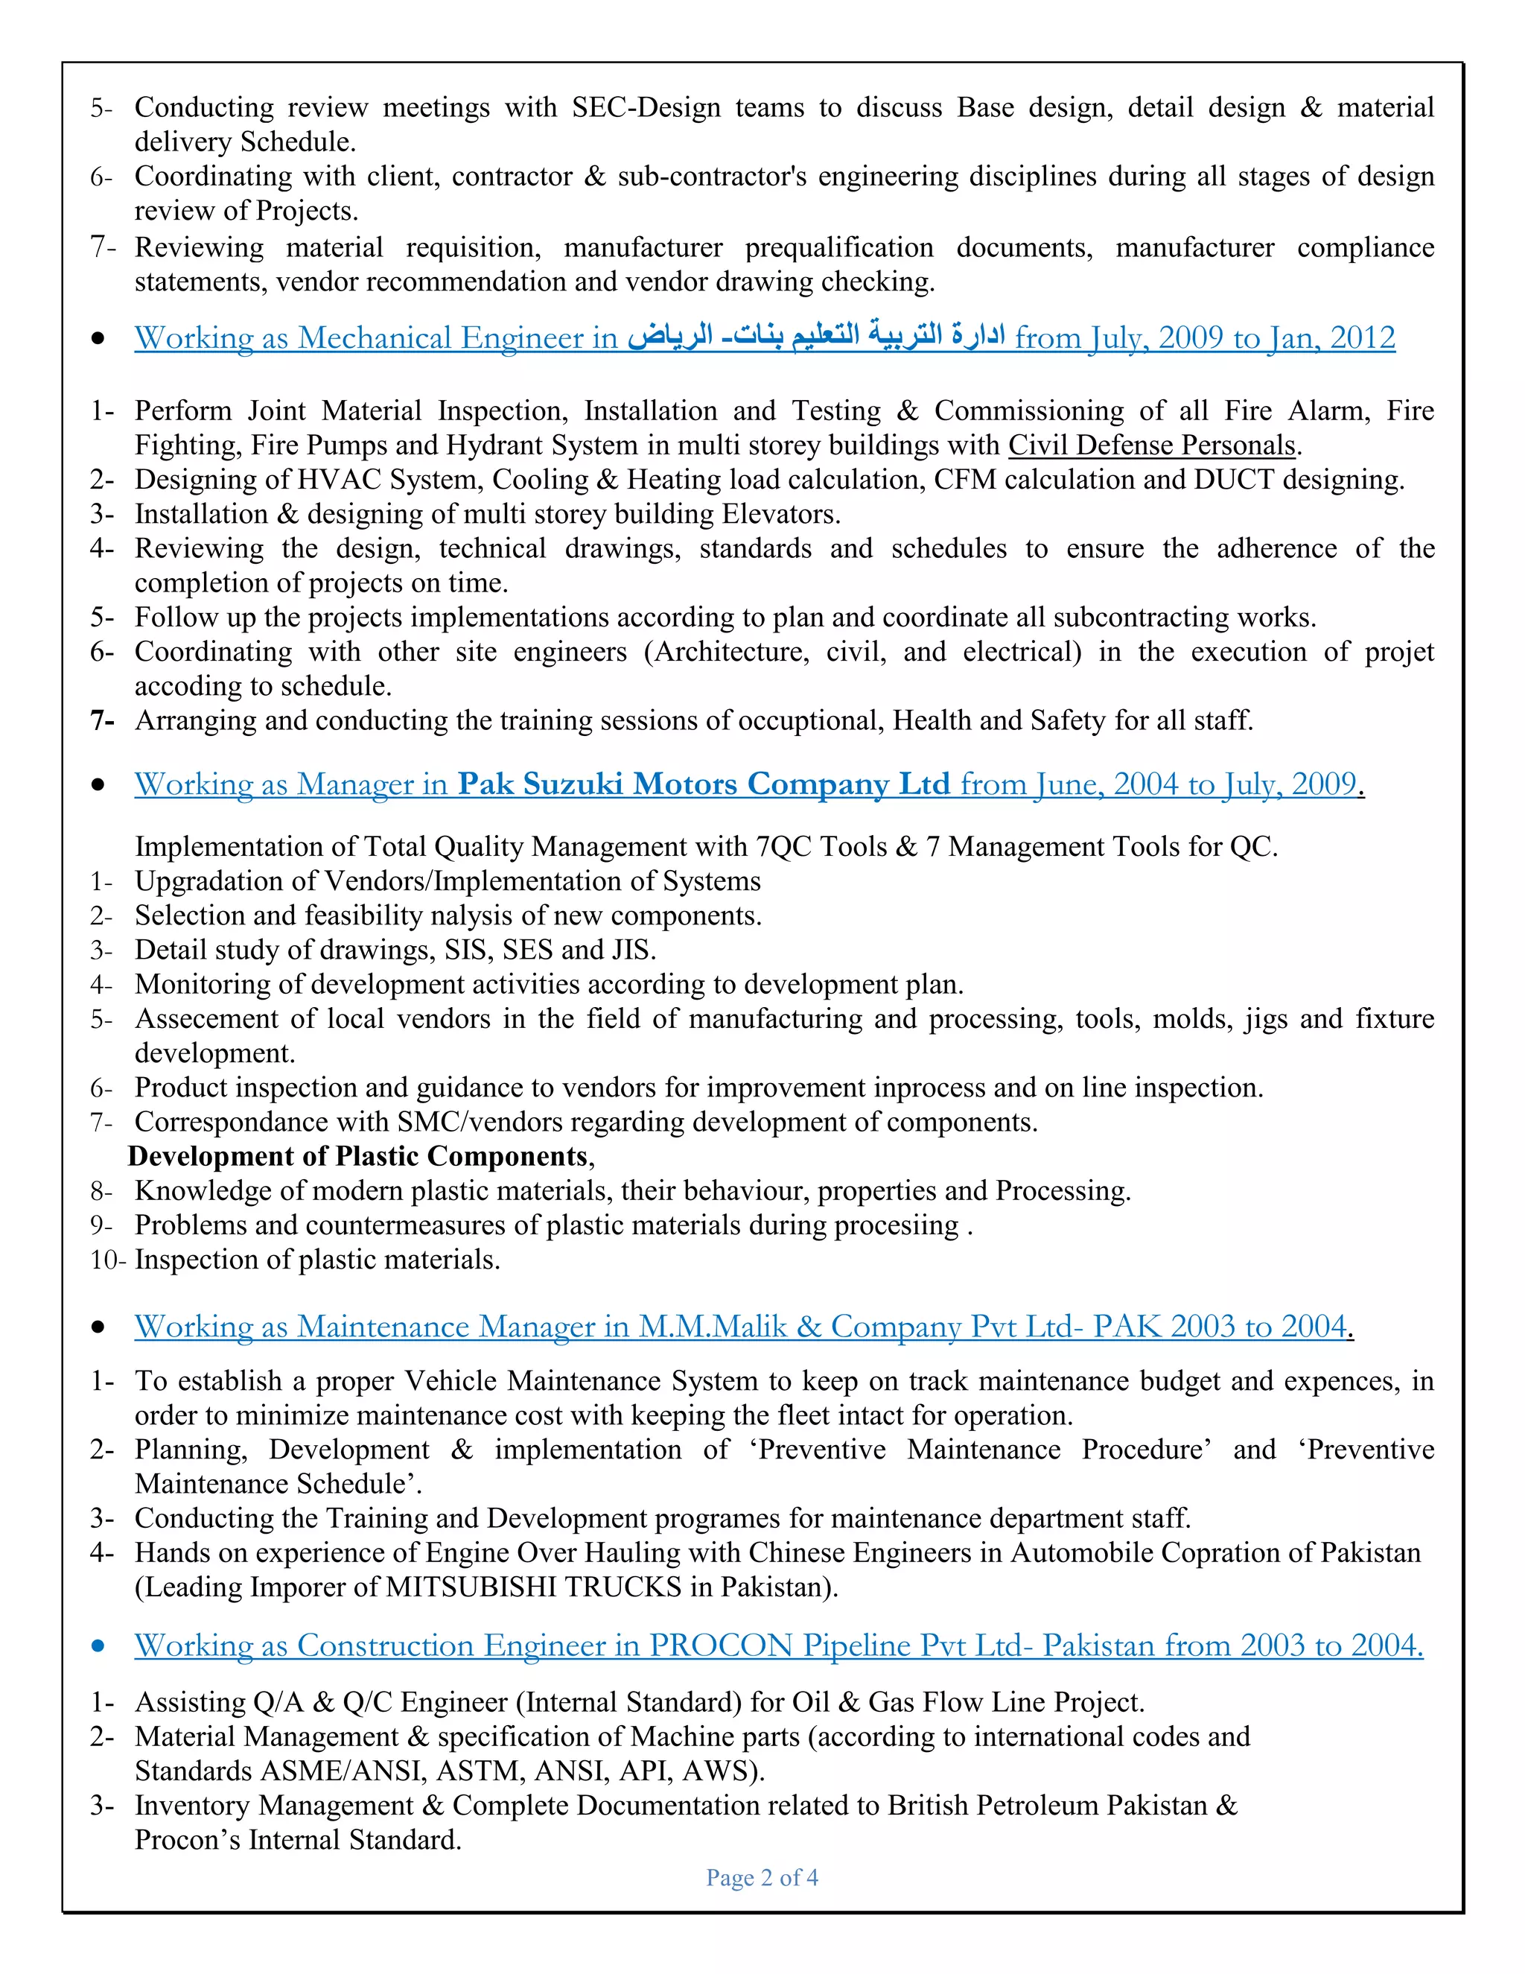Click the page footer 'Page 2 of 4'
(x=762, y=1878)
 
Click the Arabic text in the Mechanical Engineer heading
(x=816, y=337)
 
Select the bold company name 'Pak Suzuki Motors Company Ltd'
(x=703, y=784)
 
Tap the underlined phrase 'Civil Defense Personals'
(x=1152, y=445)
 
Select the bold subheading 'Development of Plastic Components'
(x=357, y=1156)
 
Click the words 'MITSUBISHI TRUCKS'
(x=533, y=1587)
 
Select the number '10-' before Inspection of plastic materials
(x=107, y=1259)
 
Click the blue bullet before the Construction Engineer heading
(x=98, y=1647)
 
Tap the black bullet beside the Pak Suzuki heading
(x=98, y=785)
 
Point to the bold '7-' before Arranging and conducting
(x=102, y=720)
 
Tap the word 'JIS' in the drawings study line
(x=630, y=949)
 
